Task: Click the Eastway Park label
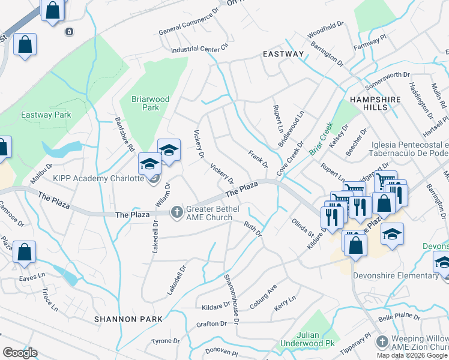(x=46, y=115)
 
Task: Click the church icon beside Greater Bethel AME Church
(x=176, y=211)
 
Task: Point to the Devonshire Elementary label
(x=405, y=275)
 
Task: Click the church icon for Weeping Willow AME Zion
(x=382, y=342)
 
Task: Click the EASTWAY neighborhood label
(x=283, y=54)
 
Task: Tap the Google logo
(x=20, y=353)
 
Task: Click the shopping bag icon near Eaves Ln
(x=25, y=253)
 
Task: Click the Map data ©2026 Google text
(x=411, y=355)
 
